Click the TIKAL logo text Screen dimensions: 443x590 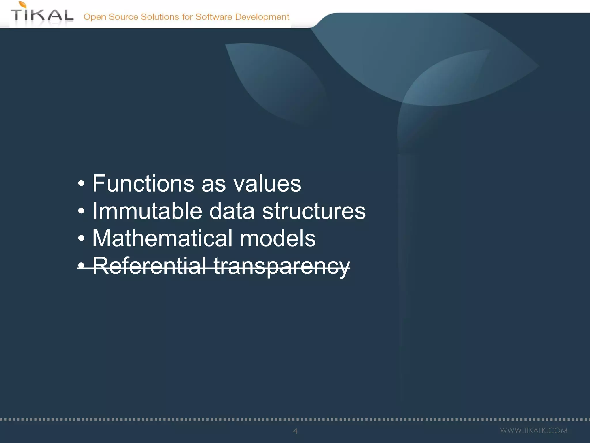click(42, 15)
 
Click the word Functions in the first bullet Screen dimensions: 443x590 click(143, 183)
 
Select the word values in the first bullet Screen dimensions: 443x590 click(267, 184)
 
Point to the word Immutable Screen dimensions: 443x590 click(147, 211)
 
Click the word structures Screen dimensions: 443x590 click(314, 211)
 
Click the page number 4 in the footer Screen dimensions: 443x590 click(295, 431)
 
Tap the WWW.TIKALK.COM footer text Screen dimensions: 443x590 click(534, 431)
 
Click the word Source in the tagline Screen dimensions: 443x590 click(123, 17)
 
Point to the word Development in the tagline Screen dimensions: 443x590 click(262, 17)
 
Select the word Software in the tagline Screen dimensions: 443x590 click(214, 17)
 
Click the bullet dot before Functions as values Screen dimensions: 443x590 click(82, 184)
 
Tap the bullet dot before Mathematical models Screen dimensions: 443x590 click(82, 239)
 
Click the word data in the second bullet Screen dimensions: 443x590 click(232, 211)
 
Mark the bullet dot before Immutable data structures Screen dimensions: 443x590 click(82, 211)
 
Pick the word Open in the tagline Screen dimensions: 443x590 click(95, 17)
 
